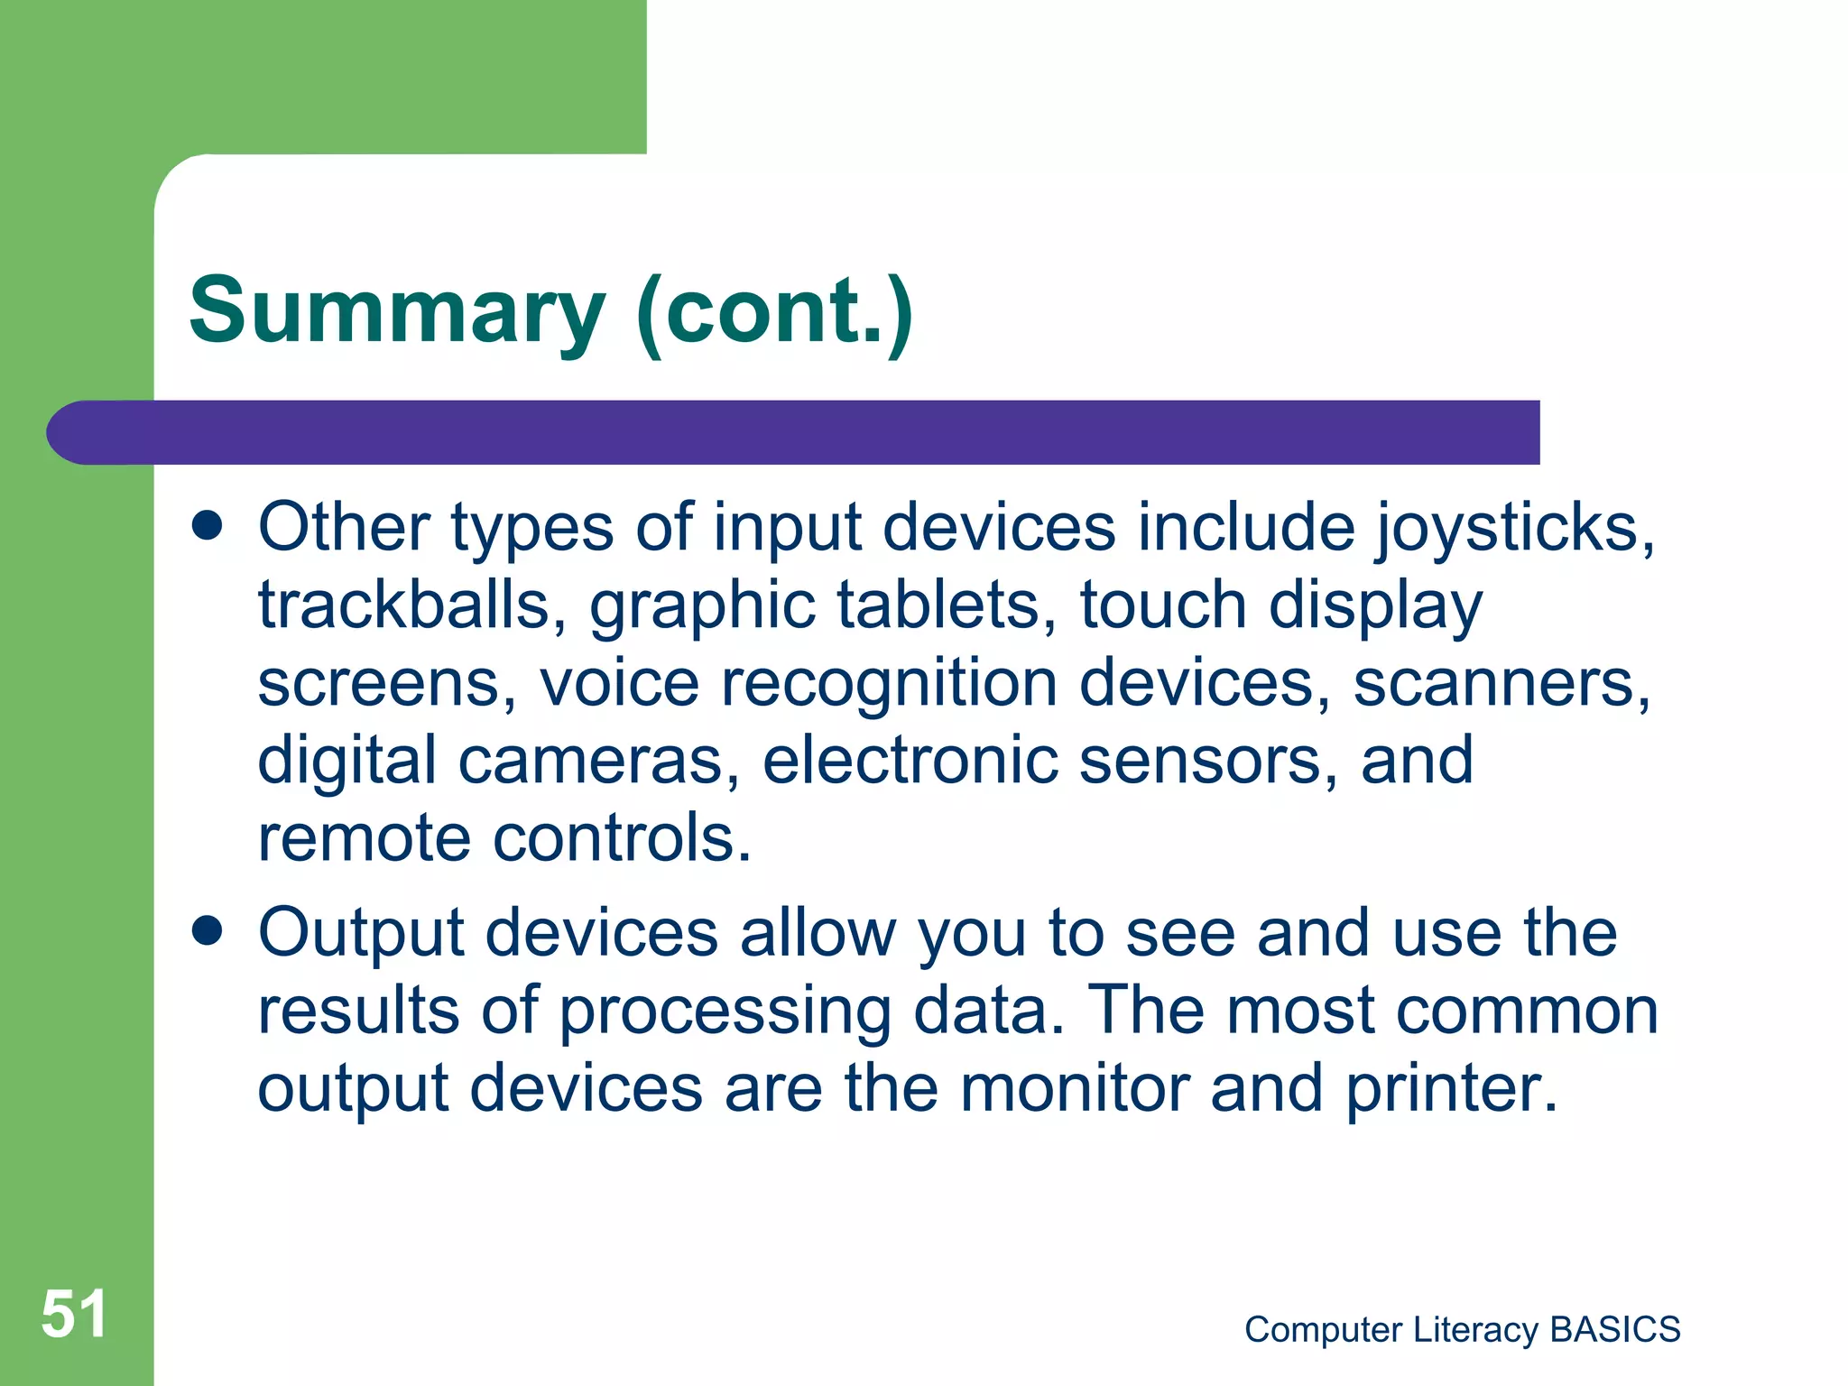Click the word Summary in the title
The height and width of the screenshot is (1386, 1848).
pos(397,311)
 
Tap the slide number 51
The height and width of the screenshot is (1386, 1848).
pos(74,1314)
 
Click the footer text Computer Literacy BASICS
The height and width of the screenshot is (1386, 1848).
pos(1462,1329)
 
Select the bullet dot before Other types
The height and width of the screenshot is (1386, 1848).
pos(208,526)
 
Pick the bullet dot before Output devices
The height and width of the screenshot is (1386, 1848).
pos(208,931)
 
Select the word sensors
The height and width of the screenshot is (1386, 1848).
pos(1209,761)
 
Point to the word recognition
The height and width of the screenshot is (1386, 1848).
pos(889,683)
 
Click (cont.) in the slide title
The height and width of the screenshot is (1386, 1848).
pos(774,311)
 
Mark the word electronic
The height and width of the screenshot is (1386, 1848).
pos(910,761)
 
